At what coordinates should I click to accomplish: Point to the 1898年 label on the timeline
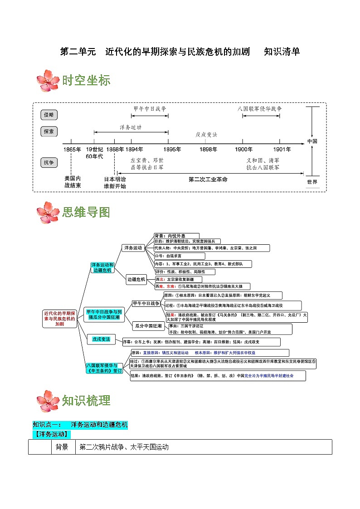[x=208, y=149]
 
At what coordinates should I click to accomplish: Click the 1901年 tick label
[x=282, y=149]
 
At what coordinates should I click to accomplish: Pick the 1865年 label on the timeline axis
[x=72, y=149]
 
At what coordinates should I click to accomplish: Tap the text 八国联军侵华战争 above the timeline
[x=260, y=109]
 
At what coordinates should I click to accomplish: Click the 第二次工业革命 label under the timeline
[x=208, y=179]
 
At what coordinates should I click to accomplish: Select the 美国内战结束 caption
[x=73, y=182]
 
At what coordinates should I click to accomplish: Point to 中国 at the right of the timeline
[x=312, y=141]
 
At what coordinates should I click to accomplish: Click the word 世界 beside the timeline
[x=312, y=182]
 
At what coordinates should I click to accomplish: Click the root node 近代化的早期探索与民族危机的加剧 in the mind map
[x=60, y=319]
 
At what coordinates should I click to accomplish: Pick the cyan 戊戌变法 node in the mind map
[x=101, y=339]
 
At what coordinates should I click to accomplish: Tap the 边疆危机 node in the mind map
[x=136, y=280]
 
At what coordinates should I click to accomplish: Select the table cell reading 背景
[x=62, y=447]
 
